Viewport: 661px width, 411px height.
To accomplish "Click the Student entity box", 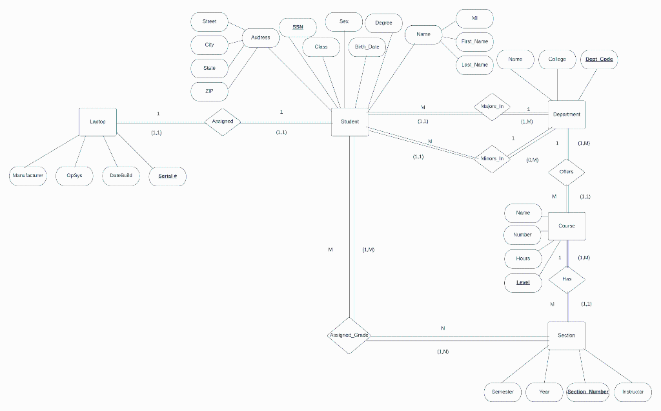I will click(x=349, y=121).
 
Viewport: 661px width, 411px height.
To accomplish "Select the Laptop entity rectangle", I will click(x=97, y=121).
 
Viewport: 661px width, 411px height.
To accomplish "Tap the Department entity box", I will click(x=566, y=114).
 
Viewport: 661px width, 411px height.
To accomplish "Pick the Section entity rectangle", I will click(x=566, y=335).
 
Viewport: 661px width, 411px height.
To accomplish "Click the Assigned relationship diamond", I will click(x=223, y=121).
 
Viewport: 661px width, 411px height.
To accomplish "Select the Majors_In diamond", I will click(x=492, y=107).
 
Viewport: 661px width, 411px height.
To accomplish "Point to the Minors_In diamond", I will click(x=492, y=158).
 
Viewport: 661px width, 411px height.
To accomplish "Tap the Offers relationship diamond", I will click(x=566, y=172).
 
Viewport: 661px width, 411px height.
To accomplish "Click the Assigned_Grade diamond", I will click(x=349, y=335).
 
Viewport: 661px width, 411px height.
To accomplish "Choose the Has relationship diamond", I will click(x=566, y=279).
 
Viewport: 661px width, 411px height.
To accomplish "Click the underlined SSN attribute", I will click(x=298, y=27).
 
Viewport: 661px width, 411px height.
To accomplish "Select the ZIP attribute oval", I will click(x=209, y=91).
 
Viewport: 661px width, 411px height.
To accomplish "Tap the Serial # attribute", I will click(x=168, y=176).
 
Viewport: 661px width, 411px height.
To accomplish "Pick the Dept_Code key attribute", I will click(x=599, y=59).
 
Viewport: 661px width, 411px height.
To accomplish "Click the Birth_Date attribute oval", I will click(x=367, y=47).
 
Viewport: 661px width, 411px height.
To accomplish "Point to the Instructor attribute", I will click(x=633, y=392).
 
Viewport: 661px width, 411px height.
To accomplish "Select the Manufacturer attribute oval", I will click(x=28, y=175).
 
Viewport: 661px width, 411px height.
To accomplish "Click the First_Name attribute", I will click(x=474, y=41).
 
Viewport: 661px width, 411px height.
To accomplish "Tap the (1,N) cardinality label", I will click(x=443, y=352).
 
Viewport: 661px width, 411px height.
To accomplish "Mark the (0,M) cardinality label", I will click(x=533, y=160).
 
